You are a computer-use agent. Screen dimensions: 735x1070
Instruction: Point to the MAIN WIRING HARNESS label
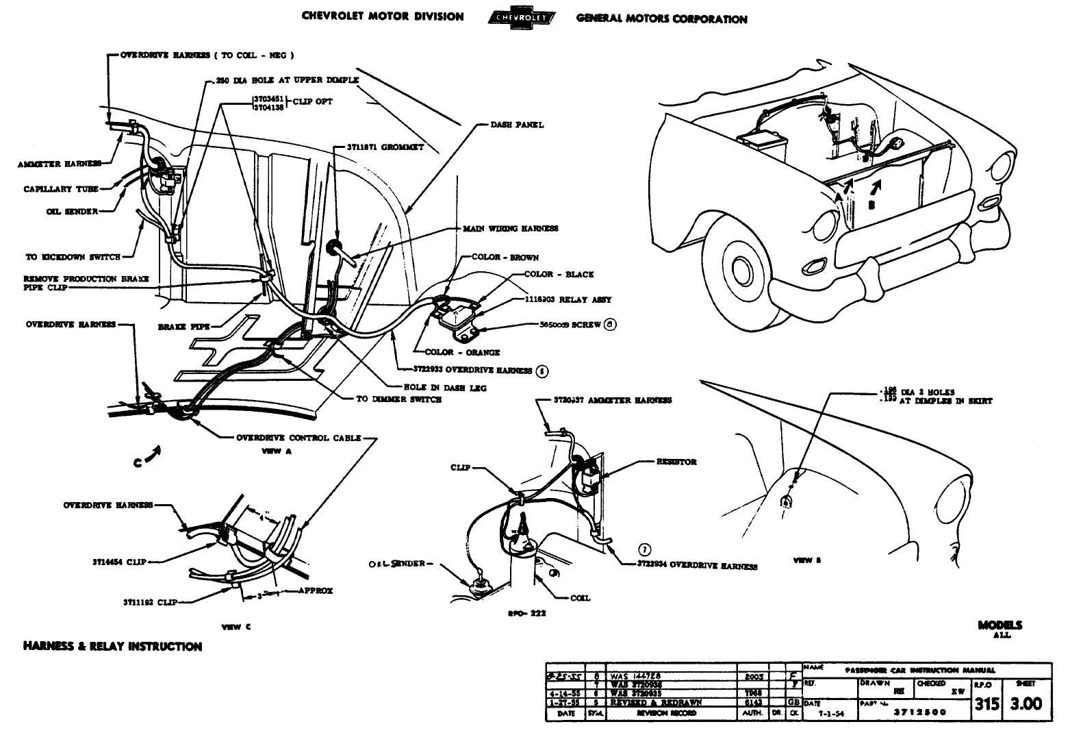click(x=511, y=229)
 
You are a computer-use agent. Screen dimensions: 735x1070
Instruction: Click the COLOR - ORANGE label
click(x=462, y=353)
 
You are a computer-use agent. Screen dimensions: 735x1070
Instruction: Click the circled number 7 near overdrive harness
click(x=644, y=549)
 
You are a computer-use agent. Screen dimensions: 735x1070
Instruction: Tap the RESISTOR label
click(x=676, y=462)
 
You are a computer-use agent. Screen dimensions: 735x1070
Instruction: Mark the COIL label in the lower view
click(x=580, y=598)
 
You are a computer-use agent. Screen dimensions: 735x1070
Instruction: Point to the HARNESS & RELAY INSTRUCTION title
click(x=112, y=647)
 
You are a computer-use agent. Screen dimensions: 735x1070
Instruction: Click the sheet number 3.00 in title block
click(x=1026, y=703)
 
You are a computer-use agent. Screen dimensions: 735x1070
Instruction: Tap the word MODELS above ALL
click(x=999, y=625)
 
